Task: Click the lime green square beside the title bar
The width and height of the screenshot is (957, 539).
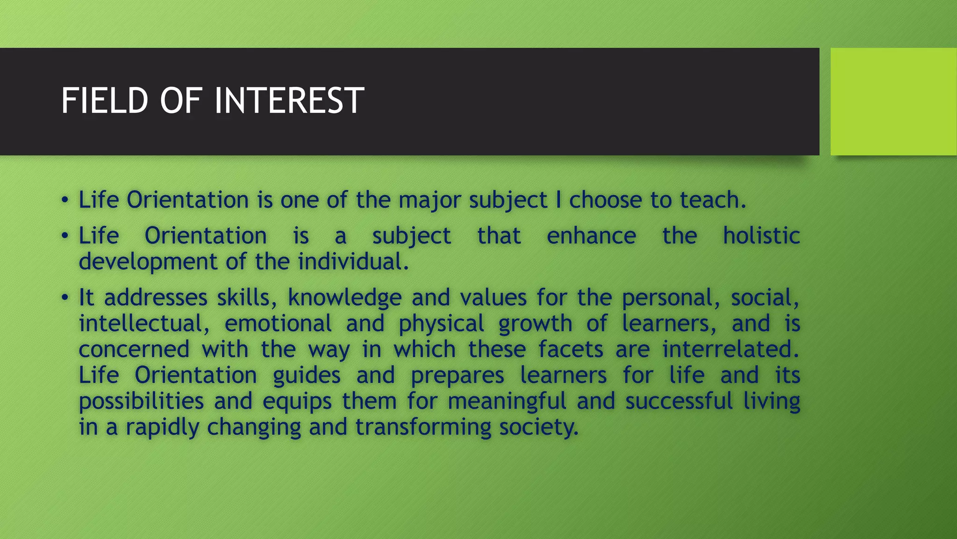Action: (893, 102)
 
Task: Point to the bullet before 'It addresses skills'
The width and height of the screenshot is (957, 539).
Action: (65, 298)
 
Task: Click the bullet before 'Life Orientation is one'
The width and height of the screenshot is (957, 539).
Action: (65, 200)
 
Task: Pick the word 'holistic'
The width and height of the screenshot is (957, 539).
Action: (761, 235)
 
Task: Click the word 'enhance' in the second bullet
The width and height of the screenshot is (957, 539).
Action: (591, 235)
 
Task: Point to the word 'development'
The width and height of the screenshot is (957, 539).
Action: (148, 262)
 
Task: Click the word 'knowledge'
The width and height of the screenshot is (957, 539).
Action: (345, 298)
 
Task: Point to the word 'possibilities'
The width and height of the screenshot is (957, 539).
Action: (141, 401)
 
